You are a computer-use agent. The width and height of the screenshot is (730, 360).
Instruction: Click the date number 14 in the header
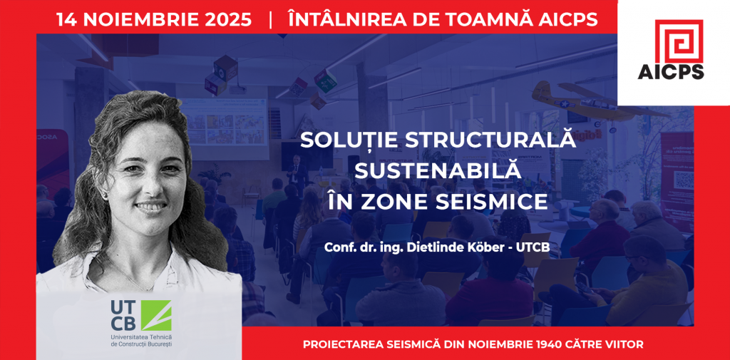pos(66,19)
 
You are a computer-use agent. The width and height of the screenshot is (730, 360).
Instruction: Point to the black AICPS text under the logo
pos(671,72)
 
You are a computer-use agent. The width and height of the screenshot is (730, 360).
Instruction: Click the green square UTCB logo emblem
pos(156,315)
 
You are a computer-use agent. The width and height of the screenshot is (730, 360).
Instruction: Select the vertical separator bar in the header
pos(270,20)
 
